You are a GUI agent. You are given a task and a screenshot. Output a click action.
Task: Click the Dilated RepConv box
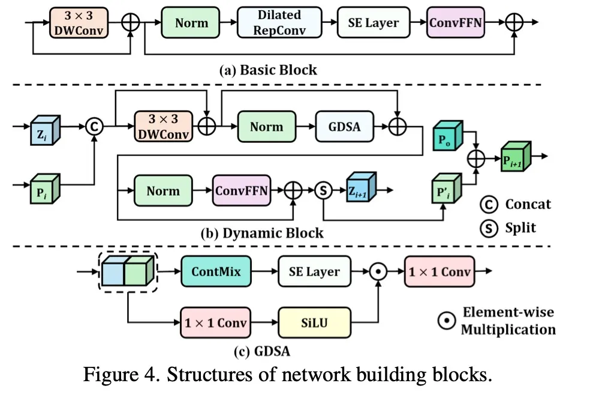pyautogui.click(x=279, y=23)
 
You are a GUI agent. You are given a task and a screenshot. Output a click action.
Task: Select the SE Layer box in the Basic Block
pyautogui.click(x=374, y=23)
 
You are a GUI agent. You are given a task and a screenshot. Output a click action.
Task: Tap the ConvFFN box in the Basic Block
pyautogui.click(x=456, y=23)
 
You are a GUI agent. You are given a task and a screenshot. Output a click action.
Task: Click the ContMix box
pyautogui.click(x=216, y=271)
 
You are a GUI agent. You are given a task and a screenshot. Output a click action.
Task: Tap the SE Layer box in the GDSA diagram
pyautogui.click(x=315, y=271)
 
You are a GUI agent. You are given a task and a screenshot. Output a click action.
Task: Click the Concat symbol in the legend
pyautogui.click(x=489, y=204)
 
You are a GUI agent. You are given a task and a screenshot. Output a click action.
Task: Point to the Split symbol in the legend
pyautogui.click(x=489, y=228)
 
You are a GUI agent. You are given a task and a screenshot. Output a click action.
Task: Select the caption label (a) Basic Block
pyautogui.click(x=269, y=70)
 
